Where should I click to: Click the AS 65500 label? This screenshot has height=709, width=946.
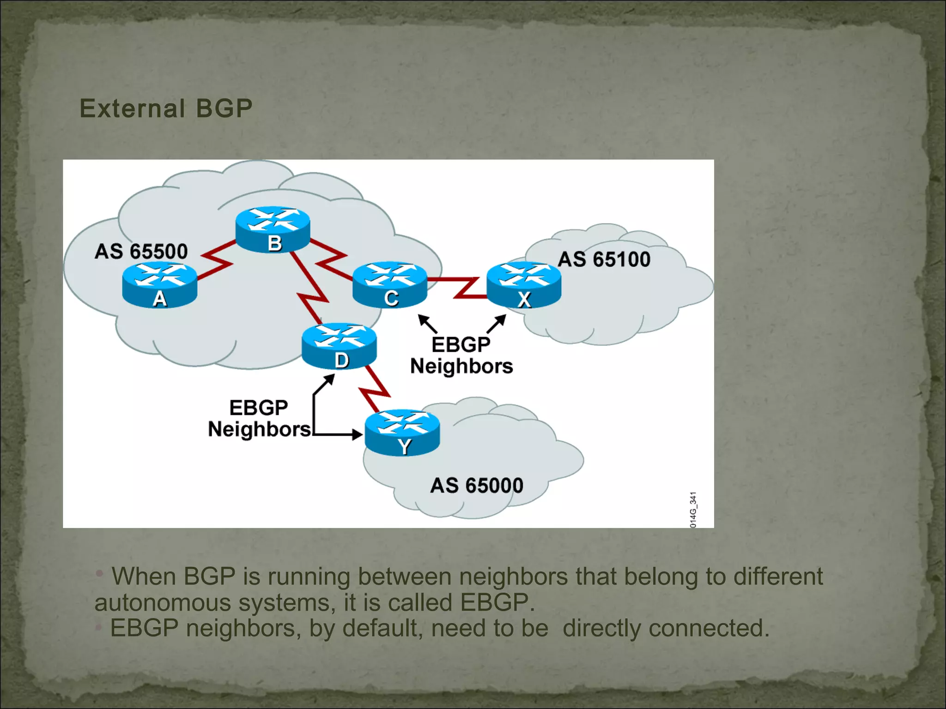[141, 252]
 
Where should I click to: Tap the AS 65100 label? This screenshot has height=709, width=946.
[604, 259]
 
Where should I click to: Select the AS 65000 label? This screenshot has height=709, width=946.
[477, 486]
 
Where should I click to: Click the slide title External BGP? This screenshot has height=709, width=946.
[166, 108]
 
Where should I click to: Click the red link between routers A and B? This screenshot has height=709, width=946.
[216, 260]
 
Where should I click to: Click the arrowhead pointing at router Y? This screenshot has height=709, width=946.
[357, 434]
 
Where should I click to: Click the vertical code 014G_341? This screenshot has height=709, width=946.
[693, 510]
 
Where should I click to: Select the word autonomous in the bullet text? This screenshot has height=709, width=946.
[163, 603]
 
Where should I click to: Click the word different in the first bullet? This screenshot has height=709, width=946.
[778, 577]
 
